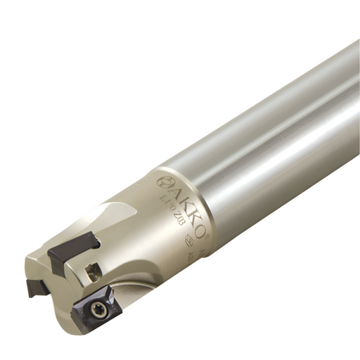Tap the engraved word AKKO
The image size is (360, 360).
[185, 204]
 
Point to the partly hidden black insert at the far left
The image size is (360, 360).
[35, 287]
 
